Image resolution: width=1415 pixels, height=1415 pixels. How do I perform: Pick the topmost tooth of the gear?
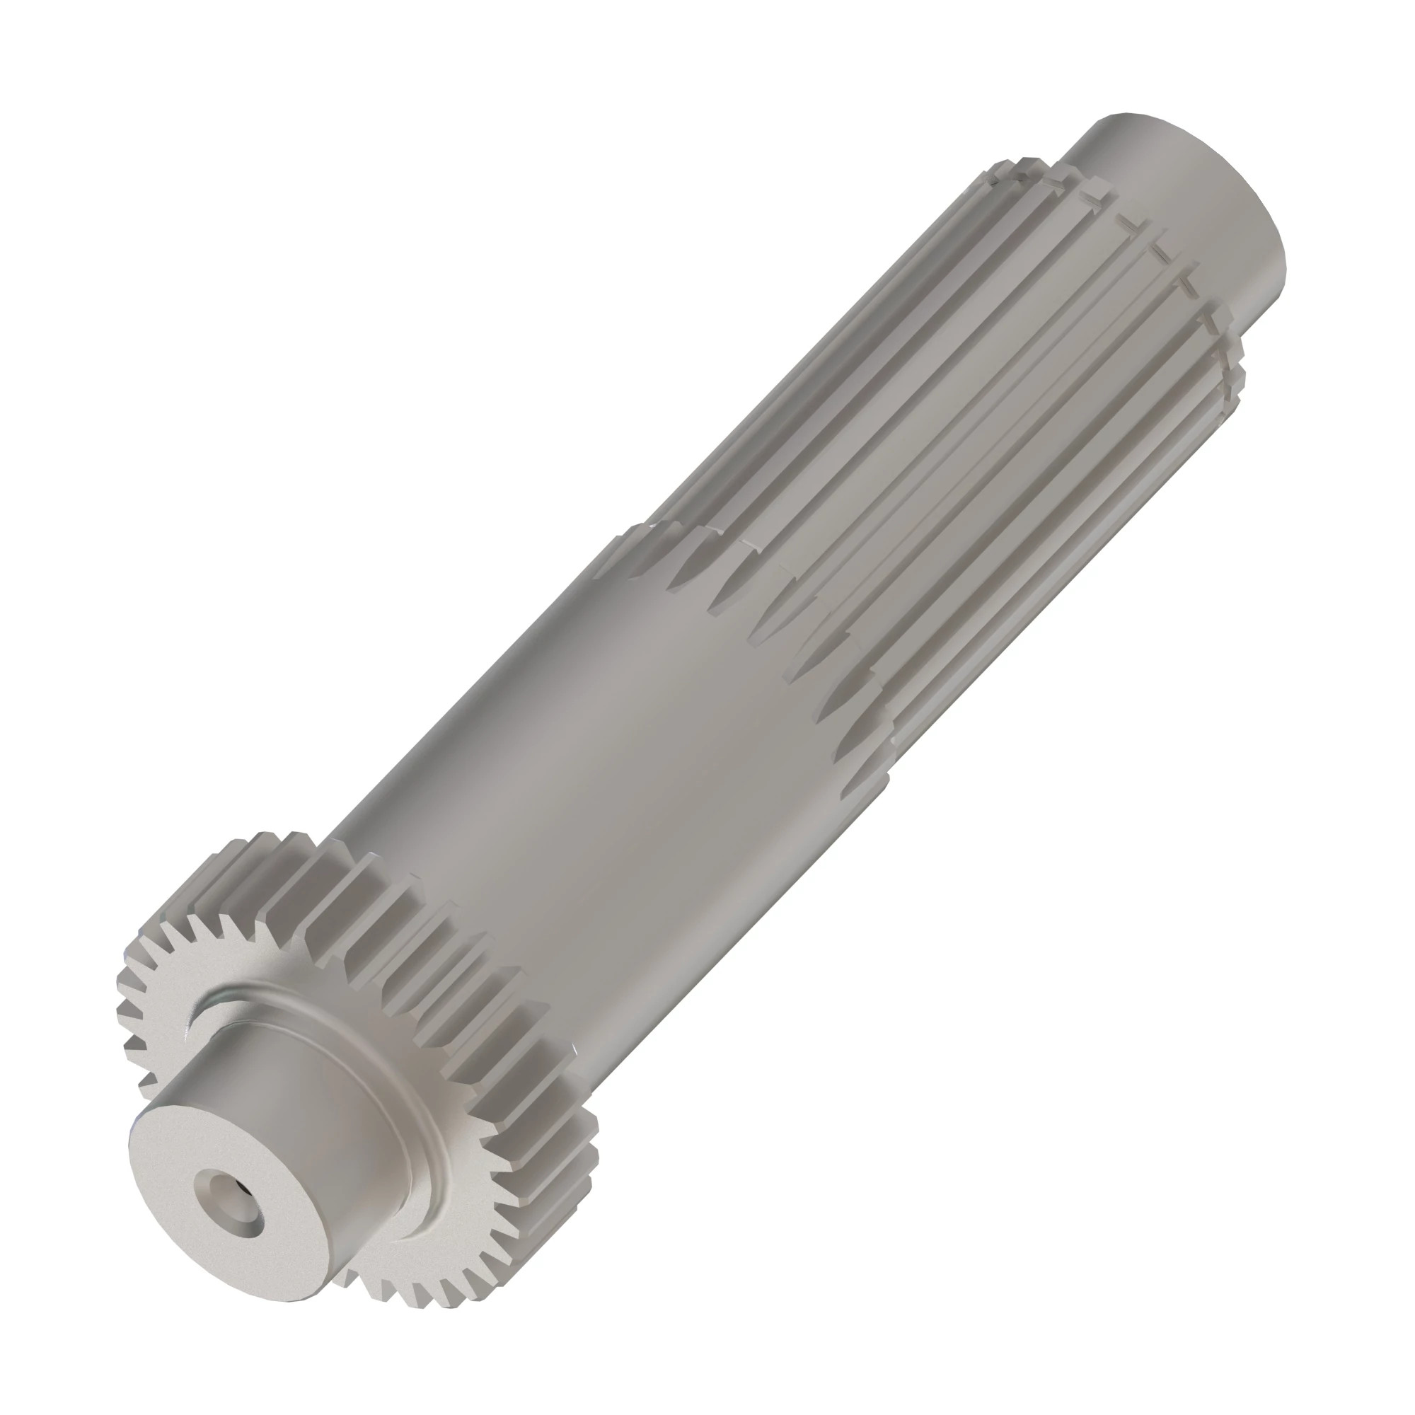coord(293,838)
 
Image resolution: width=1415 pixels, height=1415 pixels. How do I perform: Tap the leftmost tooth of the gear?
coord(125,1022)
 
